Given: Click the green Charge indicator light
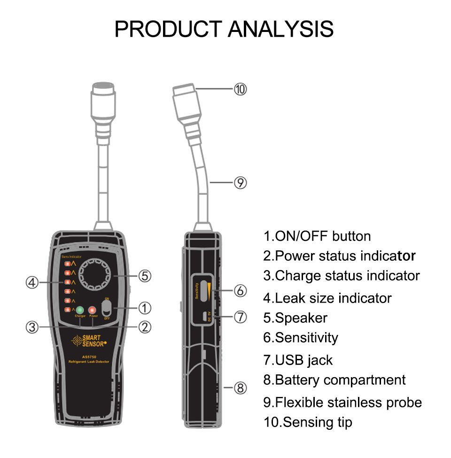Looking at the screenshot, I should coord(80,310).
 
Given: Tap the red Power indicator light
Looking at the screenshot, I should coord(93,310).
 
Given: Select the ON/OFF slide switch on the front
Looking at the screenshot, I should coord(107,308).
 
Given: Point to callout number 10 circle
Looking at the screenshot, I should coord(240,89).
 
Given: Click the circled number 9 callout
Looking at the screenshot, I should coord(240,183).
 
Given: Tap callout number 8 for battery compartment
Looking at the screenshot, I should coord(240,388).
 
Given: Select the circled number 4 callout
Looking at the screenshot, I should coord(31,282).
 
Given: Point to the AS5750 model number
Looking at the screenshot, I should coord(89,356).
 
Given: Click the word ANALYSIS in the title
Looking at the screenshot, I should coord(280,29).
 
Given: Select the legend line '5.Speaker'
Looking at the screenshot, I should coord(295,318).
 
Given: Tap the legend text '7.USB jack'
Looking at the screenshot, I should coord(297,360).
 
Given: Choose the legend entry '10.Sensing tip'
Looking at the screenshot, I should coord(307,422).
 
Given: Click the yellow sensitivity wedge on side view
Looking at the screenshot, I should coord(207,290).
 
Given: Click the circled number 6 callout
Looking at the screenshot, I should coord(240,291).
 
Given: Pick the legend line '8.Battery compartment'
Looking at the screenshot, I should coord(334,380).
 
